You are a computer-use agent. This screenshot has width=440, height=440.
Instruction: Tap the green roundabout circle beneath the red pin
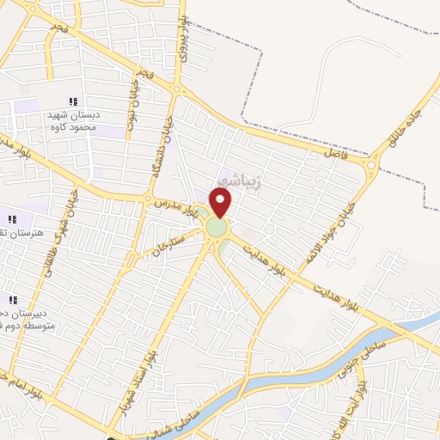point(217,229)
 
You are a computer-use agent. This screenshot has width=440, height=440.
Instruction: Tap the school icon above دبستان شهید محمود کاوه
point(73,102)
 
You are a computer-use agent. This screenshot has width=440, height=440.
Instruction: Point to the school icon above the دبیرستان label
point(13,300)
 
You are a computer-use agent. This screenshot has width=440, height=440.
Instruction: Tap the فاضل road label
point(333,152)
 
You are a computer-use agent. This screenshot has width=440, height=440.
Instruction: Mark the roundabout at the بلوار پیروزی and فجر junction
point(177,89)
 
